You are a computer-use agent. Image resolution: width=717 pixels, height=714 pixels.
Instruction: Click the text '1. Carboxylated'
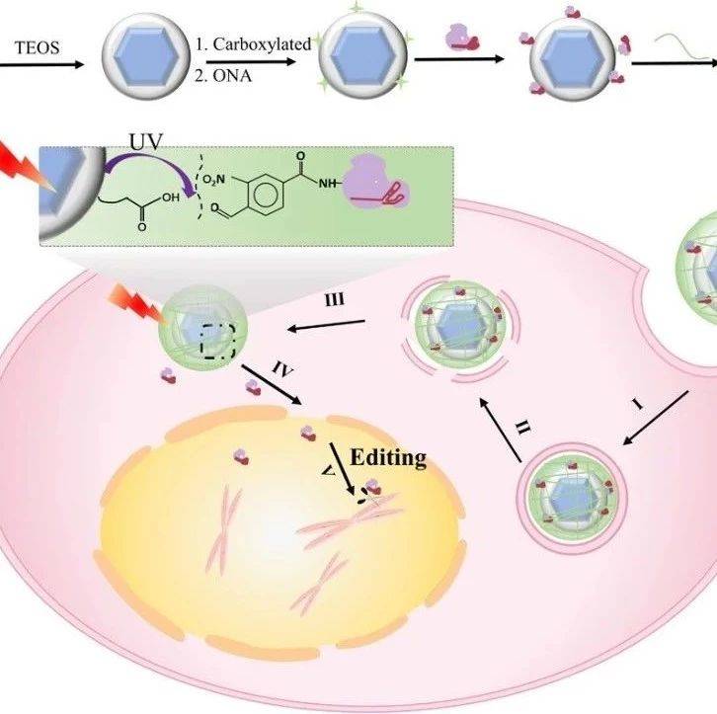click(258, 43)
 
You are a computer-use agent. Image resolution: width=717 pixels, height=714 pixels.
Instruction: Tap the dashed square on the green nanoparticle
click(217, 337)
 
